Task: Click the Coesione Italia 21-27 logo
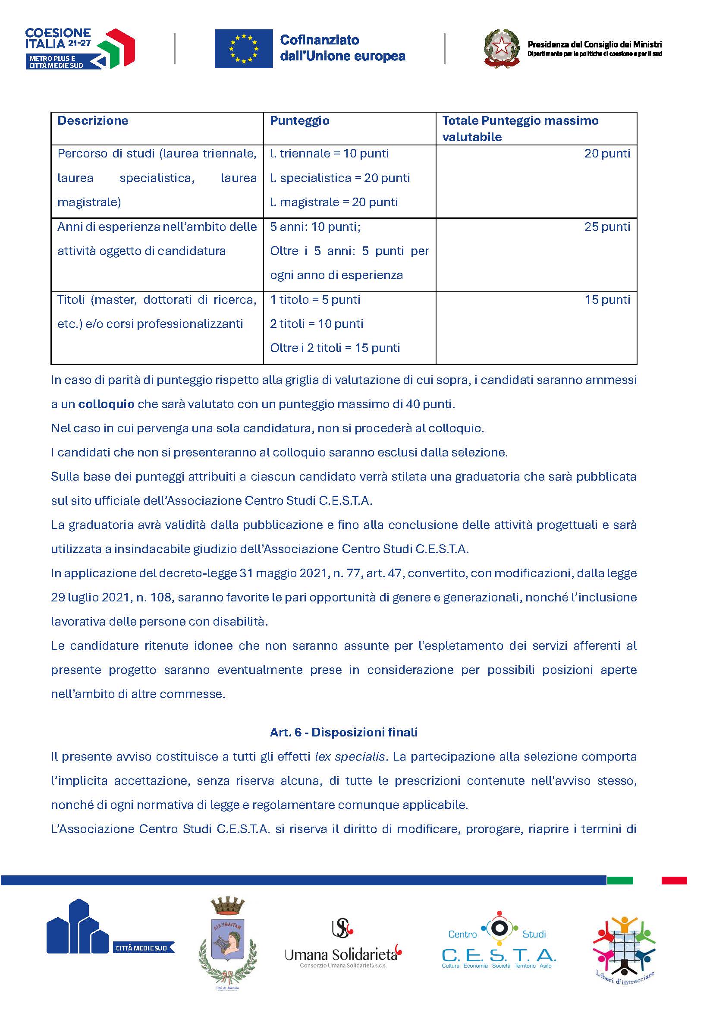(x=80, y=48)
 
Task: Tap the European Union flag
(x=243, y=49)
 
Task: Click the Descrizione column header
(x=93, y=121)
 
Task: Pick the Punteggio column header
(x=299, y=121)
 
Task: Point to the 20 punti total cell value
(x=607, y=154)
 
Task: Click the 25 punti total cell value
(x=607, y=227)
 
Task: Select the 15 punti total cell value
(x=607, y=300)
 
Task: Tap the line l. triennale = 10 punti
(x=330, y=154)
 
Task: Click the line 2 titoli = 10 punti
(x=317, y=324)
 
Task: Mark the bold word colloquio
(x=106, y=404)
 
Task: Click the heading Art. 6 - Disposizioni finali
(x=343, y=733)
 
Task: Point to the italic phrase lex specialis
(x=350, y=757)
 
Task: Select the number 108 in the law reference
(x=163, y=598)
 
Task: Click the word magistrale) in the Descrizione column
(x=89, y=202)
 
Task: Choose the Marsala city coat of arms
(x=227, y=945)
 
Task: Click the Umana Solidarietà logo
(x=343, y=945)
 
